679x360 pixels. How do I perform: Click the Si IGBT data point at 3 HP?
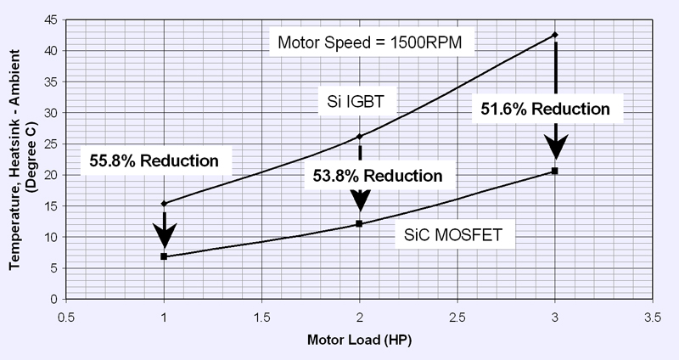(555, 35)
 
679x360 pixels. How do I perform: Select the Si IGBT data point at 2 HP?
(360, 136)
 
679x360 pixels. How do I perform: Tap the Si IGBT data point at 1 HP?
(164, 204)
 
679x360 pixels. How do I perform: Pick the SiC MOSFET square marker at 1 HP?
(164, 256)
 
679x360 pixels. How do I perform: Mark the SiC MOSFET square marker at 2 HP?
(360, 224)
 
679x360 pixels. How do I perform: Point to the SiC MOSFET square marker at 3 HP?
(555, 171)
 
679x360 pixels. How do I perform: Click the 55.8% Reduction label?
(152, 160)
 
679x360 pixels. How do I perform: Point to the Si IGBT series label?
(356, 103)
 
